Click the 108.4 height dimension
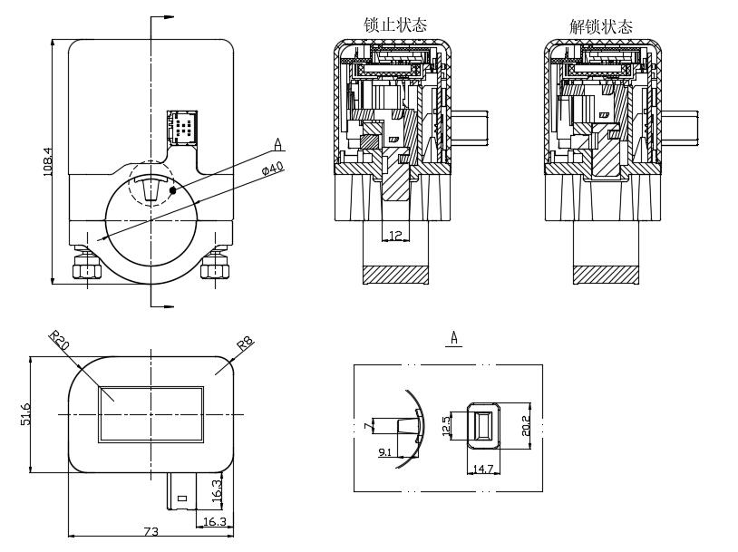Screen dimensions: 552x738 coord(48,161)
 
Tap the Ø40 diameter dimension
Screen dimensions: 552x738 coord(272,168)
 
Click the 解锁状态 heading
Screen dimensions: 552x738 coord(601,26)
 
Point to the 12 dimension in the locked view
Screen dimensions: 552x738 coord(394,236)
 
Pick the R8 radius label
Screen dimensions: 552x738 coord(245,344)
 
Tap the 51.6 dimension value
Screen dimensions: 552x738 coord(26,413)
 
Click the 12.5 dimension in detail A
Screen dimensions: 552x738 coord(445,425)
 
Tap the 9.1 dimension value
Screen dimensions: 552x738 coord(384,451)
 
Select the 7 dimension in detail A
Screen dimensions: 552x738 coord(367,424)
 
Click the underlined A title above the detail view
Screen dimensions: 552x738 coord(455,338)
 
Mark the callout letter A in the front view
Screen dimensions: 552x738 coord(278,143)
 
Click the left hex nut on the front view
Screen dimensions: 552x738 coord(88,268)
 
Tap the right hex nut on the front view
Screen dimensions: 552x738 coord(215,268)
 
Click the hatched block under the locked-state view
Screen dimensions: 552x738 coord(394,274)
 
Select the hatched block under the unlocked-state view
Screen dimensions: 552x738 coord(605,274)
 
